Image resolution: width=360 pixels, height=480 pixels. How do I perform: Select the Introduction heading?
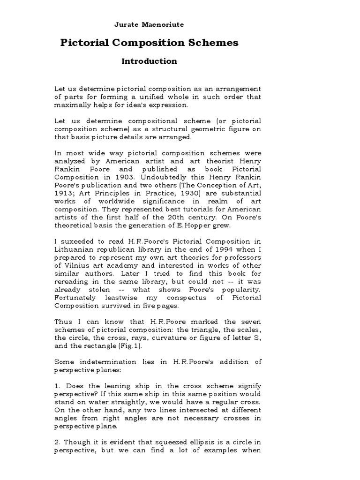(149, 61)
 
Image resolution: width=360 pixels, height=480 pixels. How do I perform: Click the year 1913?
(64, 194)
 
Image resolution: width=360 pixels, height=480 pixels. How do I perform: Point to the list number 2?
(58, 442)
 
